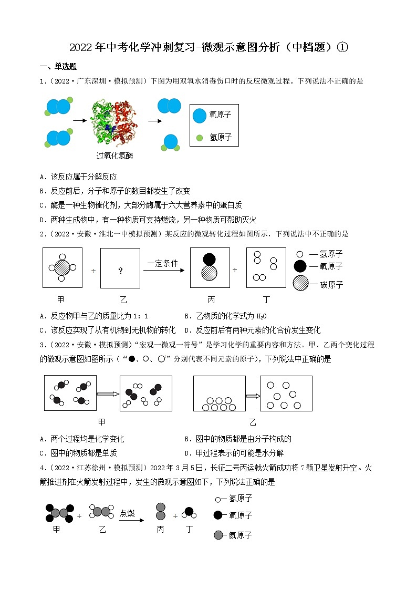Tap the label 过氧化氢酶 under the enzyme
(x=114, y=156)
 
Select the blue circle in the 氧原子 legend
(x=200, y=116)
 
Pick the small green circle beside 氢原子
(x=199, y=138)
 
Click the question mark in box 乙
(x=120, y=271)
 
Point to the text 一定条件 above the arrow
(x=163, y=263)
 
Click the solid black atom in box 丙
(x=209, y=258)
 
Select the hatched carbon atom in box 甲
(x=62, y=267)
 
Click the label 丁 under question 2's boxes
(x=266, y=299)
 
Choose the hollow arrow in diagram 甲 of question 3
(x=109, y=394)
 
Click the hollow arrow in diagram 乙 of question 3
(x=253, y=396)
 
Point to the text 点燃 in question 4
(x=127, y=513)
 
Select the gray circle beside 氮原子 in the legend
(x=218, y=535)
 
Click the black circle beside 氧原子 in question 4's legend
(x=218, y=515)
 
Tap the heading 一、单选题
(x=58, y=67)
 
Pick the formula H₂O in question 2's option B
(x=261, y=316)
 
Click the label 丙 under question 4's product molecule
(x=161, y=530)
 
